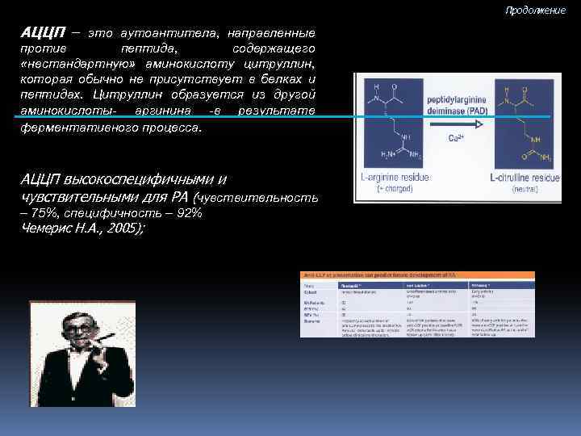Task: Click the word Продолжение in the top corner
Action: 536,10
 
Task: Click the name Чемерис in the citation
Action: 45,228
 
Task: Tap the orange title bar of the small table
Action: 417,276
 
